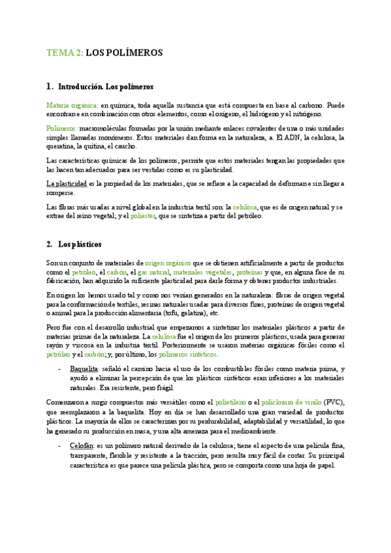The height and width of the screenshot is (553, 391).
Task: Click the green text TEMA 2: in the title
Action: tap(65, 53)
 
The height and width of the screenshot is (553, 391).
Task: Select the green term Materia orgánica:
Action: tap(72, 105)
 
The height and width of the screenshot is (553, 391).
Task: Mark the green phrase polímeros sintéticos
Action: tap(188, 355)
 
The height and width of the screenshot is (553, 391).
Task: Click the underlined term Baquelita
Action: tap(85, 369)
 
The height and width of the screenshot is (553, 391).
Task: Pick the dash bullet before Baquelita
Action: tap(60, 369)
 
